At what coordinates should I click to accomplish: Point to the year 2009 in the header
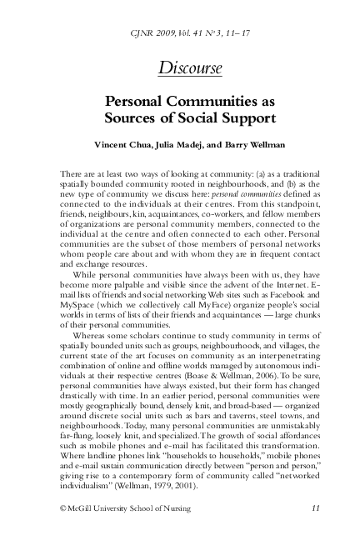click(x=164, y=28)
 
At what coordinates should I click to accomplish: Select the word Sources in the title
click(x=132, y=118)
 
